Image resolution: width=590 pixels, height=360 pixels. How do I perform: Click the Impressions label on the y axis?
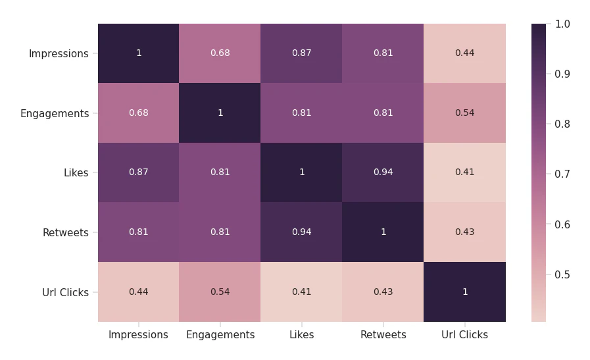(x=59, y=54)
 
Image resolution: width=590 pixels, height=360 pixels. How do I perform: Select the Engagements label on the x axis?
(x=220, y=335)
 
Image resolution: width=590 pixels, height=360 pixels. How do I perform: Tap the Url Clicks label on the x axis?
(x=464, y=335)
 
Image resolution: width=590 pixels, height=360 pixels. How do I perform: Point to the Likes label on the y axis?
(x=76, y=173)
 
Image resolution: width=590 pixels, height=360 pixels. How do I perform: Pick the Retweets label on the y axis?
(x=65, y=233)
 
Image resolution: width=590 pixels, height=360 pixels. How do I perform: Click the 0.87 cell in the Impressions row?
(x=301, y=53)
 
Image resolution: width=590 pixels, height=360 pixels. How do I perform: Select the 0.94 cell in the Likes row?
(x=383, y=172)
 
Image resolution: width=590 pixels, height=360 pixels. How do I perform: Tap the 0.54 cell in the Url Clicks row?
(x=220, y=292)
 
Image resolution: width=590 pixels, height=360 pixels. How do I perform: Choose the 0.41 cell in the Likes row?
(x=464, y=172)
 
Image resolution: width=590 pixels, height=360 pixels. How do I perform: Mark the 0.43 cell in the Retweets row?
(x=464, y=232)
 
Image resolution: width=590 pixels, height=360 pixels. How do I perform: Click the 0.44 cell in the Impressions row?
(x=464, y=53)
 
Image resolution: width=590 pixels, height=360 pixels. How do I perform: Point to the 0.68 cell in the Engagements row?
(x=138, y=113)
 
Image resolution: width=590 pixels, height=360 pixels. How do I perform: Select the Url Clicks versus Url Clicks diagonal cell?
(x=464, y=292)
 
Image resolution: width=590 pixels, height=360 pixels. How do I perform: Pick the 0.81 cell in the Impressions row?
(x=383, y=53)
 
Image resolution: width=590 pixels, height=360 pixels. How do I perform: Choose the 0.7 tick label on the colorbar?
(x=562, y=174)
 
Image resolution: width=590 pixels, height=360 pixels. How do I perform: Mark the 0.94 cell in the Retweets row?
(x=301, y=232)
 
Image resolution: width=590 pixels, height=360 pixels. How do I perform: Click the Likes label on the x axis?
(x=301, y=335)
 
